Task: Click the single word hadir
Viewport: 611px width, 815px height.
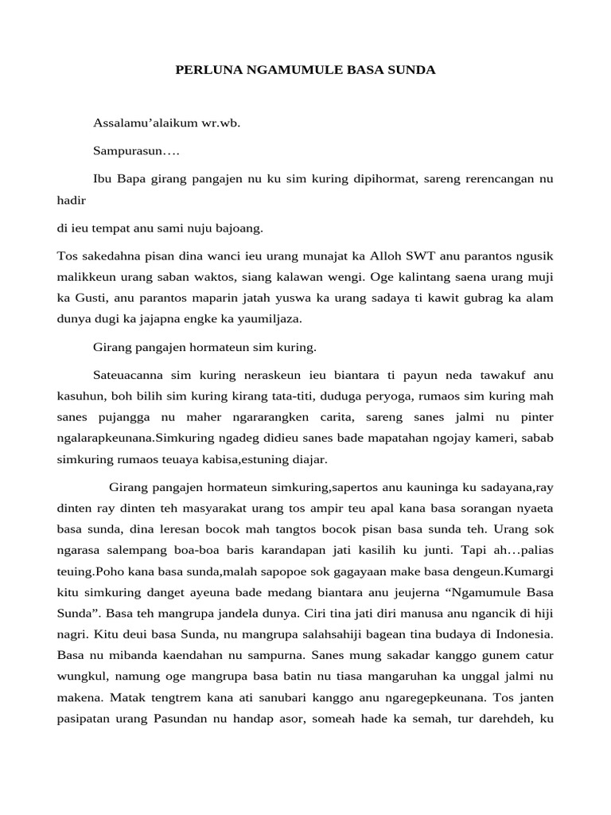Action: [x=72, y=202]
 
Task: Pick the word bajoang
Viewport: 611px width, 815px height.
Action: [x=239, y=228]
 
